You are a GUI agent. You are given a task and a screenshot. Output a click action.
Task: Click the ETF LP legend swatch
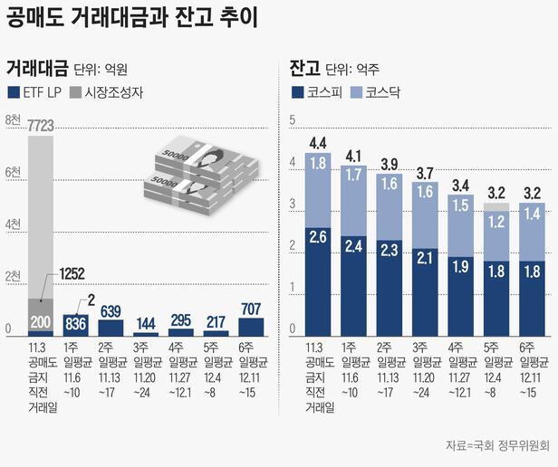click(x=12, y=91)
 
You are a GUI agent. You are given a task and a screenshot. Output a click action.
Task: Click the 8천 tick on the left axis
click(x=13, y=119)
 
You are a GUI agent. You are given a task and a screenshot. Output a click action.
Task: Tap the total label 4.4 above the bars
click(x=318, y=142)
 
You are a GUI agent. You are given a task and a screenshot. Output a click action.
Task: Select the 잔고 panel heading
click(x=303, y=68)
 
